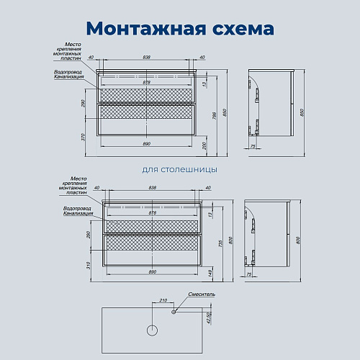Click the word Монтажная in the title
pos(138,28)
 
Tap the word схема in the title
pos(239,28)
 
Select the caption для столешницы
pos(180,170)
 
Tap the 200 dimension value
pos(204,146)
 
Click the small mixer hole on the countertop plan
pos(174,312)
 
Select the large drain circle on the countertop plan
pos(152,332)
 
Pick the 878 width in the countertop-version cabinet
pos(152,213)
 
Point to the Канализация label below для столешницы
pos(77,213)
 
